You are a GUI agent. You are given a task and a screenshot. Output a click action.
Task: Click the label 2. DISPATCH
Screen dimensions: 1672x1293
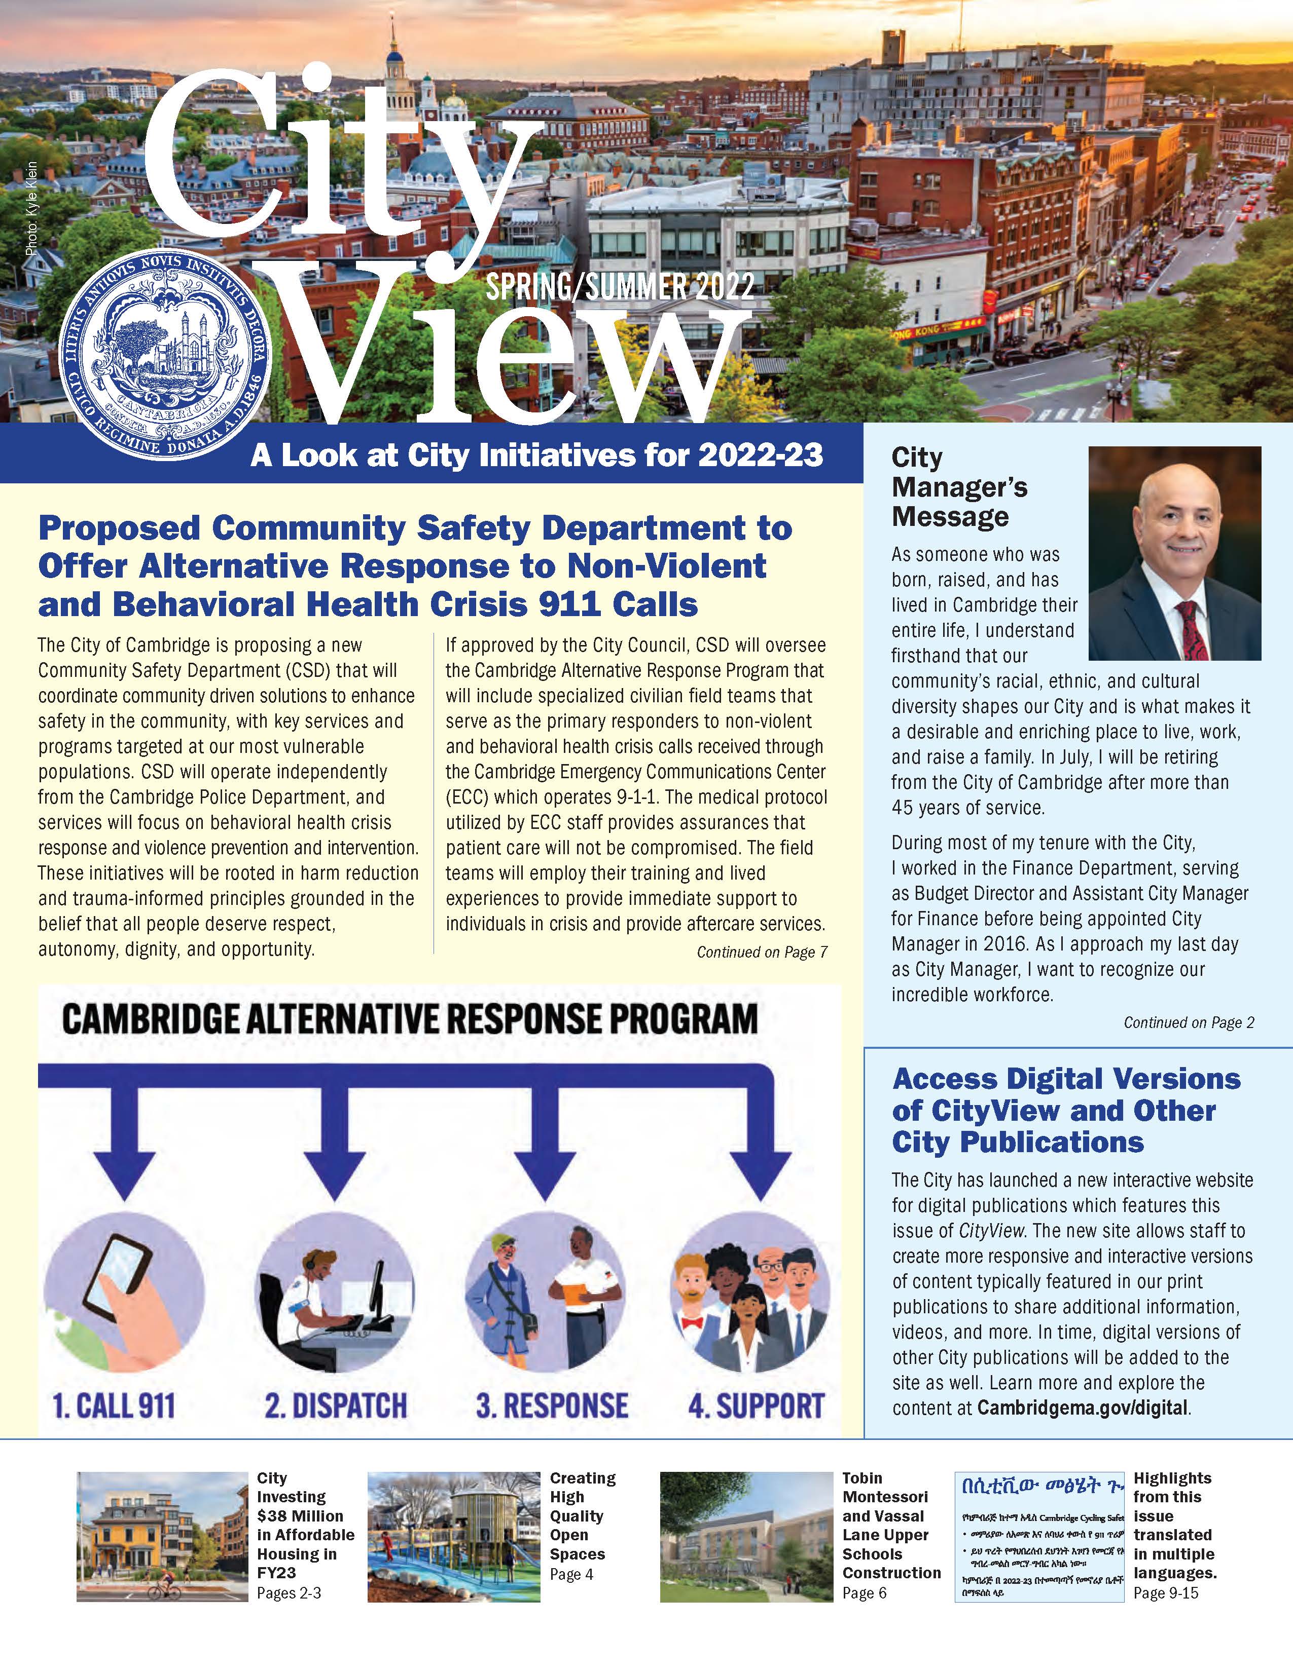(x=336, y=1405)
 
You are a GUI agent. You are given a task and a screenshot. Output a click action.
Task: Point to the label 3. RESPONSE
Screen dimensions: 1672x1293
(x=552, y=1405)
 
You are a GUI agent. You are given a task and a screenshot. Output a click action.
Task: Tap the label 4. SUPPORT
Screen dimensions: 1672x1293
(x=756, y=1405)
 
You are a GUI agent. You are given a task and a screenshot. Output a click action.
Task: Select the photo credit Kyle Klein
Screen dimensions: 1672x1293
(x=30, y=208)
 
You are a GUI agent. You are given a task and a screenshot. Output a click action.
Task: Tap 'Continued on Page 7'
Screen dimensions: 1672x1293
(x=762, y=953)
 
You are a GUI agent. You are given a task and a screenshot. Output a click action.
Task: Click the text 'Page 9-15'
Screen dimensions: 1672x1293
(x=1165, y=1593)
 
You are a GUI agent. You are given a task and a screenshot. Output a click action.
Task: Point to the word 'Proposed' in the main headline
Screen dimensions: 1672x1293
(x=119, y=528)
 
